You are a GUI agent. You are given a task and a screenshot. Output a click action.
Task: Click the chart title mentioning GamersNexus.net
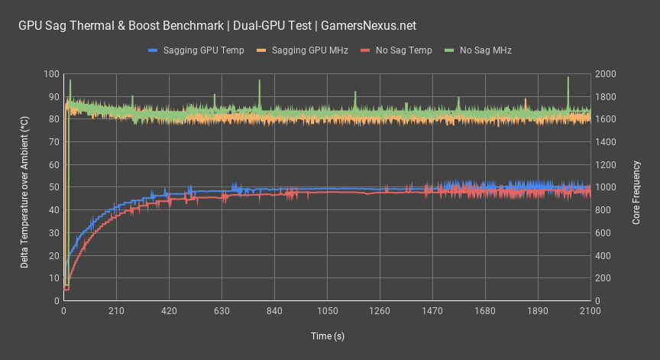coord(217,25)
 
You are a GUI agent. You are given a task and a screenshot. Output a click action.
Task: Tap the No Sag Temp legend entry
coord(404,50)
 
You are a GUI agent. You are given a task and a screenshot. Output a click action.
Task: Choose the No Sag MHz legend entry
coord(485,50)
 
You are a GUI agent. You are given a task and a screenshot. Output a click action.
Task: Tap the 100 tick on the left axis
coord(51,74)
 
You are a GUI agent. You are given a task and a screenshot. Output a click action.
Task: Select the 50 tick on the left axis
coord(53,187)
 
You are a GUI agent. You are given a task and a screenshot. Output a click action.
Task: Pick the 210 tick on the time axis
coord(116,311)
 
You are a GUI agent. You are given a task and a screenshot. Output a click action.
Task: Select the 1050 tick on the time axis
coord(327,311)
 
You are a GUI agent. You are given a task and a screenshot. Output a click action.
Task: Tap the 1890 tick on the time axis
coord(538,311)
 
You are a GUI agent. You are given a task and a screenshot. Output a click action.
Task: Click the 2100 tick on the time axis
coord(590,311)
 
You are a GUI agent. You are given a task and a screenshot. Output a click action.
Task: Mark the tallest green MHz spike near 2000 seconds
coord(568,78)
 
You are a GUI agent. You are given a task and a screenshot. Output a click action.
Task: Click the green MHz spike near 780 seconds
coord(259,81)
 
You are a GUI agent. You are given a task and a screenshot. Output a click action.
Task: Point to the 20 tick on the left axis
coord(53,255)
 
